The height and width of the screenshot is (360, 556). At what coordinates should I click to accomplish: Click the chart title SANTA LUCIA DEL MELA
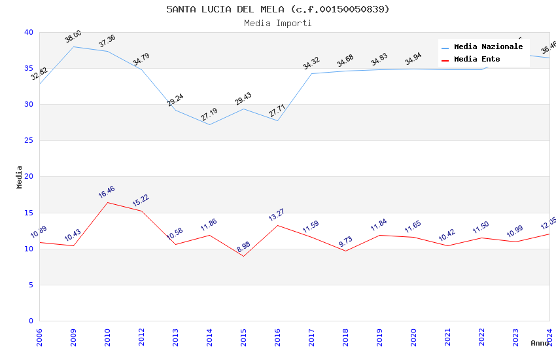click(277, 9)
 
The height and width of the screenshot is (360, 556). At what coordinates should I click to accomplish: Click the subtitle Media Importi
click(277, 23)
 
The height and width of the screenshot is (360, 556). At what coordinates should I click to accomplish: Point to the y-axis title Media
click(20, 177)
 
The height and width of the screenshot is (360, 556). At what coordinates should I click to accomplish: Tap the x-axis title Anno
click(540, 343)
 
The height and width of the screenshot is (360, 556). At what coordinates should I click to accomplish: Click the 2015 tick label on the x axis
click(243, 338)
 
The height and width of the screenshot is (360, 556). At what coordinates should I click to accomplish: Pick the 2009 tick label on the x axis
click(73, 338)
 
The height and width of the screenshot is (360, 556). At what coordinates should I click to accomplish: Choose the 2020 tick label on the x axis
click(413, 338)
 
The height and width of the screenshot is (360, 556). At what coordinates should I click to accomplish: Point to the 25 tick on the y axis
click(29, 141)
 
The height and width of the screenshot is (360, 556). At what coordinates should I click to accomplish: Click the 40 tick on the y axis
click(29, 32)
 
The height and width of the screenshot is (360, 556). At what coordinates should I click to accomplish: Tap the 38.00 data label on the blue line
click(73, 37)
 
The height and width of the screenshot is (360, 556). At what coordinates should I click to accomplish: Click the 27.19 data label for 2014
click(209, 115)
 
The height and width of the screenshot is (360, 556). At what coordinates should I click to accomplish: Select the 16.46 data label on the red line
click(107, 192)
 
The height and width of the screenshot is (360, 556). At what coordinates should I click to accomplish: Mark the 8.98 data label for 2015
click(243, 247)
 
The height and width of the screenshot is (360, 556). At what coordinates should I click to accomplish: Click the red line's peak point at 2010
click(107, 202)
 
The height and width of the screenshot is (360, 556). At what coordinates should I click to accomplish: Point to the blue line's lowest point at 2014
click(209, 124)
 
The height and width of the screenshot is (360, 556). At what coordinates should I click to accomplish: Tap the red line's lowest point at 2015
click(243, 256)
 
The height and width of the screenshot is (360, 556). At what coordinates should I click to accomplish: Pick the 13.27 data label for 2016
click(277, 215)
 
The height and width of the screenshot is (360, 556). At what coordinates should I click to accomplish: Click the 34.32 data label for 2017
click(311, 63)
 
